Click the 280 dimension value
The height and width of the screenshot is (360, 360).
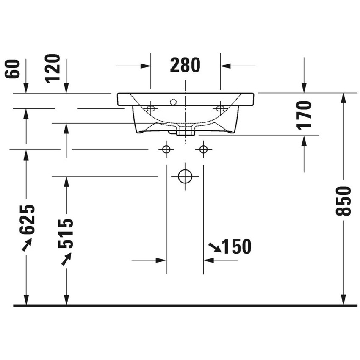(x=185, y=65)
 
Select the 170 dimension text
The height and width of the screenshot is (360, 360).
(x=304, y=114)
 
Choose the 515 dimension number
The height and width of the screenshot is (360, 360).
(x=66, y=233)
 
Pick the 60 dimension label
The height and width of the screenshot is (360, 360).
(x=13, y=69)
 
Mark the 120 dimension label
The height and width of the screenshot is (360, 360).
(x=53, y=69)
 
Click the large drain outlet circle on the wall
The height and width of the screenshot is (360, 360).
(x=185, y=176)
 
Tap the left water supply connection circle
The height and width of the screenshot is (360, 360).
(x=166, y=149)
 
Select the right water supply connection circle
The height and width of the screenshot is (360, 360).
(x=204, y=149)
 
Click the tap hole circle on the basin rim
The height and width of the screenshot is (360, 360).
(x=173, y=102)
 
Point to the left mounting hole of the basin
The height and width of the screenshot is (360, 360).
(x=150, y=108)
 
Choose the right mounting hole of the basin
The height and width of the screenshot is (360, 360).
(x=220, y=108)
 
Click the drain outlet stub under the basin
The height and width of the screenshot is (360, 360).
(x=185, y=131)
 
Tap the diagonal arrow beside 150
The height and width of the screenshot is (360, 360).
(x=215, y=247)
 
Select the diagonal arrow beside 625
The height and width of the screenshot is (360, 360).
(x=26, y=244)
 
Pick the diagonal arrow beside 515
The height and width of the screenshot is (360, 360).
(x=66, y=258)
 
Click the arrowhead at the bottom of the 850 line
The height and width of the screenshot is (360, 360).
(x=343, y=299)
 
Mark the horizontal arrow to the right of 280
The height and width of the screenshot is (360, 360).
(x=237, y=66)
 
